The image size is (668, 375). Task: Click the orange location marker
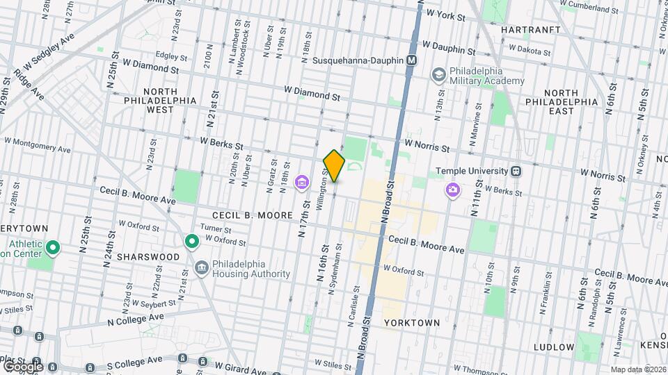[x=335, y=165]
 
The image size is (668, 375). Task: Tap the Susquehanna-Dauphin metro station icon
[x=412, y=60]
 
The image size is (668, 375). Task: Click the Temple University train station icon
[x=516, y=171]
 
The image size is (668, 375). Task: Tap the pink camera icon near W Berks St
[x=453, y=189]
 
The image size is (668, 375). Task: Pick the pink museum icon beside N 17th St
[x=301, y=183]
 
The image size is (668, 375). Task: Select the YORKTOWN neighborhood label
[x=412, y=323]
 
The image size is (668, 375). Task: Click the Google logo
[x=22, y=366]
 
